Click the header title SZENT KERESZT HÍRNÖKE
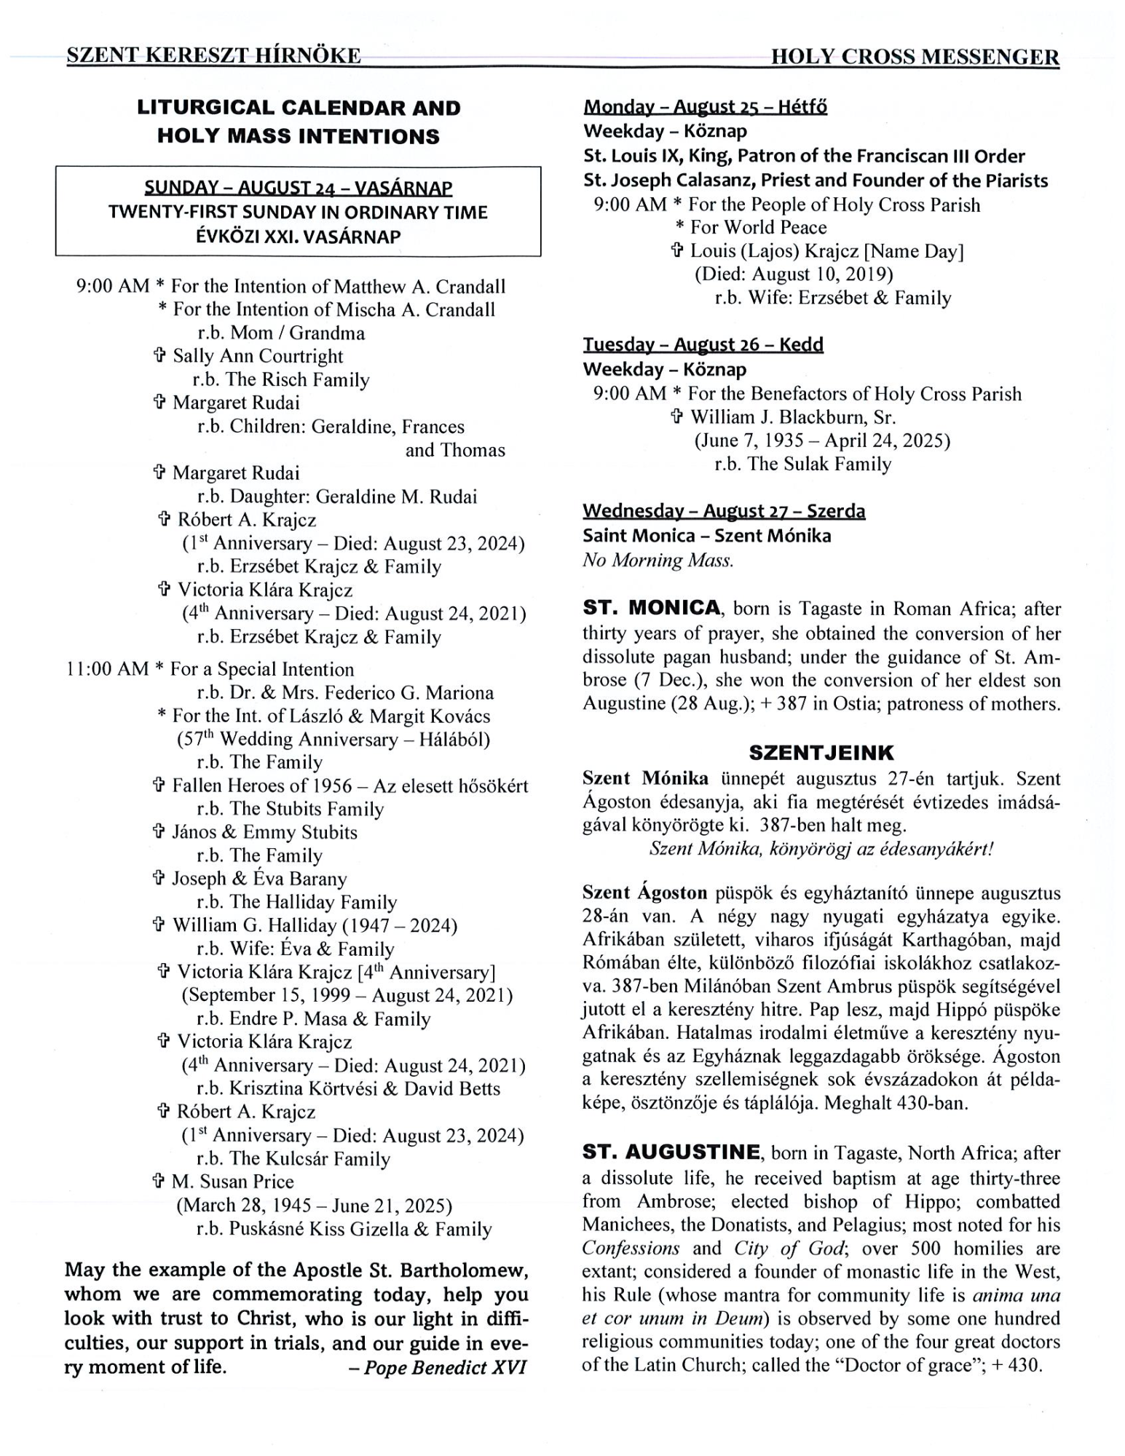[x=213, y=56]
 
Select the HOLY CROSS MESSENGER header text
[x=915, y=57]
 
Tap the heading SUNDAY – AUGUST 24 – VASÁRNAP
[x=298, y=188]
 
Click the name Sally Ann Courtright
[x=257, y=356]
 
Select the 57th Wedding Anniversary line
[x=333, y=739]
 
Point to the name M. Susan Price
[x=233, y=1182]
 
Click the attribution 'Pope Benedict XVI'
[x=445, y=1367]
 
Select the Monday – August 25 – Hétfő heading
[x=705, y=107]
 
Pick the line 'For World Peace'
[x=758, y=227]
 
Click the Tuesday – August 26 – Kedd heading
[x=703, y=344]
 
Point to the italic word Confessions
[x=631, y=1249]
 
